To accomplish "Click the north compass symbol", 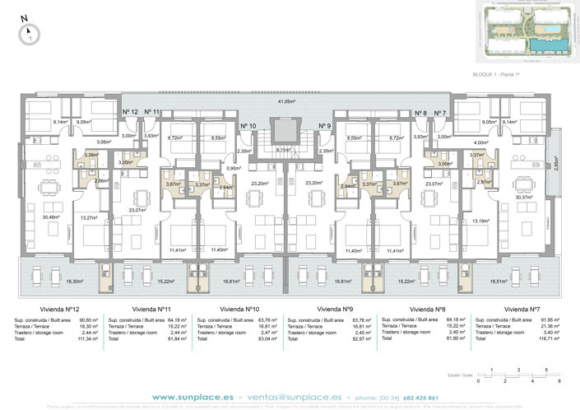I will click(x=28, y=32).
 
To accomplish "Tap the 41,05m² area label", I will click(x=285, y=101).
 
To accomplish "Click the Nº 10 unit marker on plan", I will click(x=248, y=126).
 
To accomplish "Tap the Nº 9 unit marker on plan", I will click(x=324, y=126).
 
